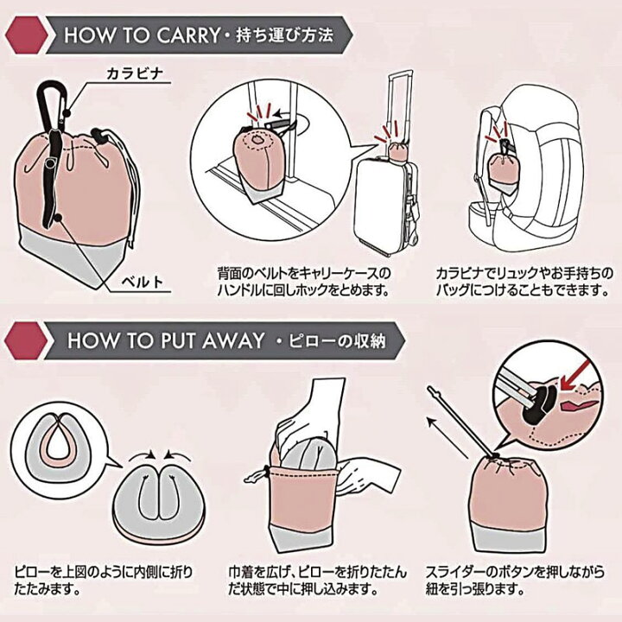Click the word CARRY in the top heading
187,35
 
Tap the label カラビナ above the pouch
135,73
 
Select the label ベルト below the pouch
143,282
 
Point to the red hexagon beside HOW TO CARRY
26,35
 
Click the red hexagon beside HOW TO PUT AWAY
26,340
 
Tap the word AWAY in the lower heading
233,341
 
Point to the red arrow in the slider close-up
574,378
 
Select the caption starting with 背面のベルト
303,282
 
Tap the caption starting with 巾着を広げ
317,581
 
